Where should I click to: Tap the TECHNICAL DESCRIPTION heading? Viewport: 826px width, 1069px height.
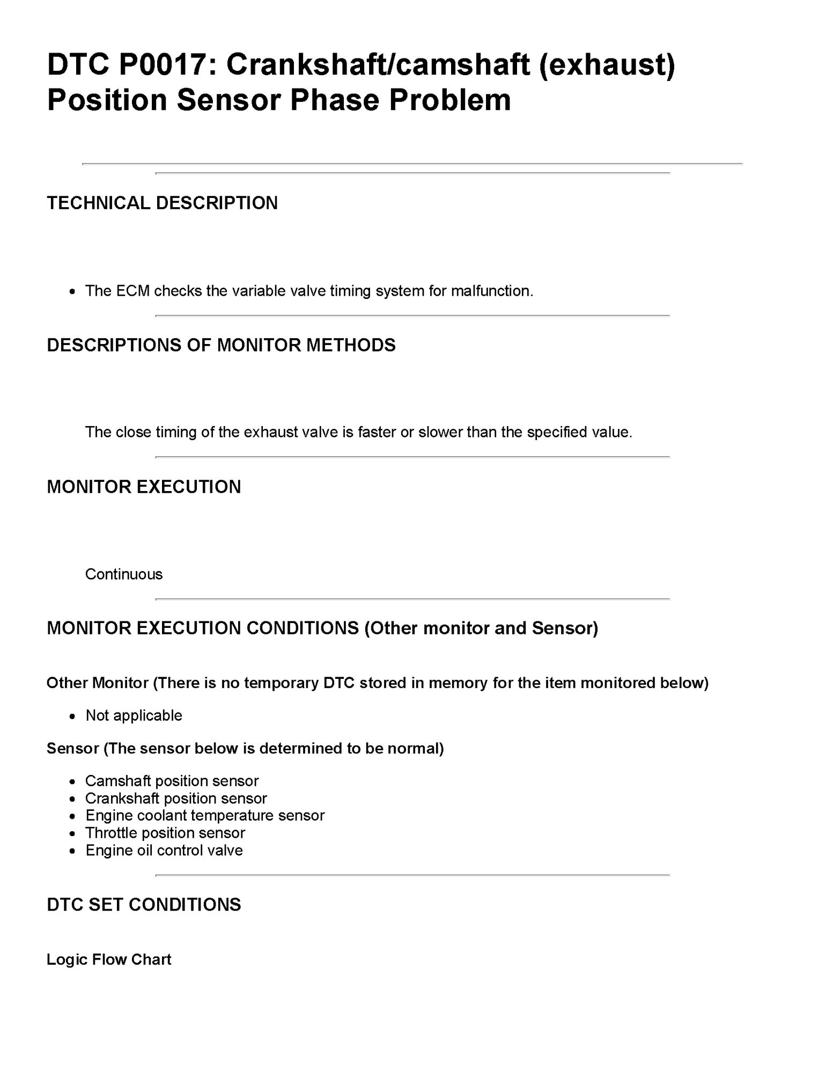(162, 203)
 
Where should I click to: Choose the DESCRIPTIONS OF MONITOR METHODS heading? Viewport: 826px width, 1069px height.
(221, 345)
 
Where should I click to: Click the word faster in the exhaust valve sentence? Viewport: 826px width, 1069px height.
(377, 432)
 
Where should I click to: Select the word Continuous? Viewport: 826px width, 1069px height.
(124, 574)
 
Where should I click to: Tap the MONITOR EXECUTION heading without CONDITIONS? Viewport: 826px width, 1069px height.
(144, 487)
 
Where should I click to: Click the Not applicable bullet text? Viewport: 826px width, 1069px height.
(134, 715)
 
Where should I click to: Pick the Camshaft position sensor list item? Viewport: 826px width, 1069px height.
(172, 781)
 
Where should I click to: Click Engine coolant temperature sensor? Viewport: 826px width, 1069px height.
(205, 816)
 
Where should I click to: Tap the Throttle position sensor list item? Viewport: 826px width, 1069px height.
(165, 833)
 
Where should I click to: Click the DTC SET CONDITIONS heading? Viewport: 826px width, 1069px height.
(144, 905)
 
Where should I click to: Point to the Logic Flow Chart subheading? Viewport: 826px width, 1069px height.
(109, 960)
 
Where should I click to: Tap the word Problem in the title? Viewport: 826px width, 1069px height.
(449, 100)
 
